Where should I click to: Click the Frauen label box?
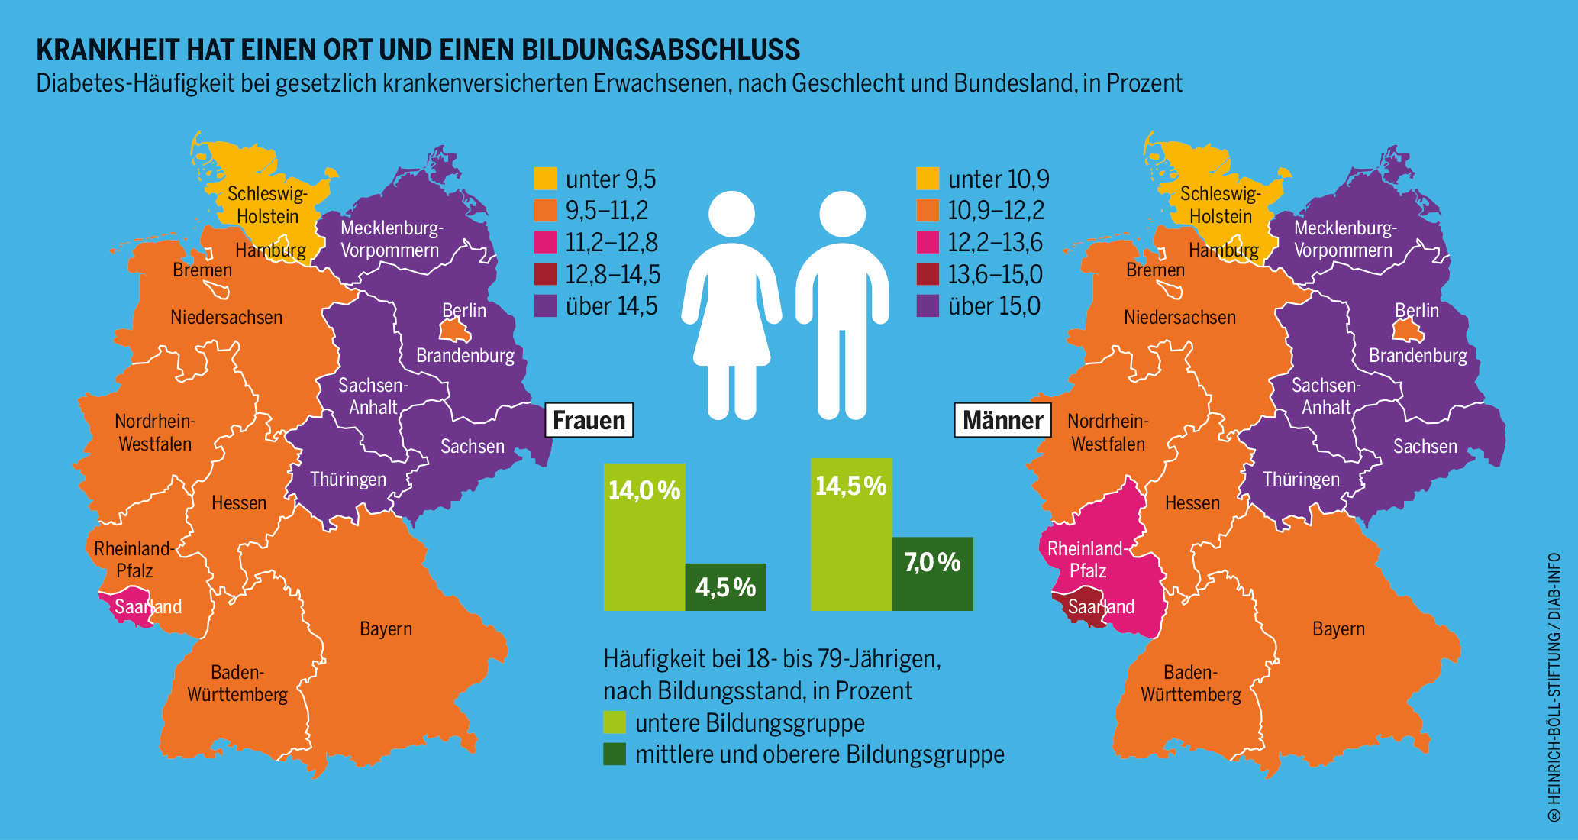tap(589, 420)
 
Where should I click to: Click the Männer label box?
tap(1002, 420)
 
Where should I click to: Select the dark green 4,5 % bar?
tap(725, 587)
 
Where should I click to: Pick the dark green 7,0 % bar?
tap(932, 573)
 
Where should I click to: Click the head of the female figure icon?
tap(731, 214)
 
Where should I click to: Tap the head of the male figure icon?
tap(842, 214)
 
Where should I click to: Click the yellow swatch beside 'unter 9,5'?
tap(545, 179)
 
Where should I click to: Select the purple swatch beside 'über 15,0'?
tap(928, 306)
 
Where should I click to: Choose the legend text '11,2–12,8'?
tap(612, 243)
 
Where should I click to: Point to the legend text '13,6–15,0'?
tap(995, 275)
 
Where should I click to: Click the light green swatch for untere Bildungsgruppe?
tap(615, 722)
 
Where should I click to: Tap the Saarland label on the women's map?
tap(148, 607)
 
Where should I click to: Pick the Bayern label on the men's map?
tap(1338, 629)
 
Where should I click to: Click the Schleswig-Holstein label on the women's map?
tap(267, 205)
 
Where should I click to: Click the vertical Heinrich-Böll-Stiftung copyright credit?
tap(1554, 687)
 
